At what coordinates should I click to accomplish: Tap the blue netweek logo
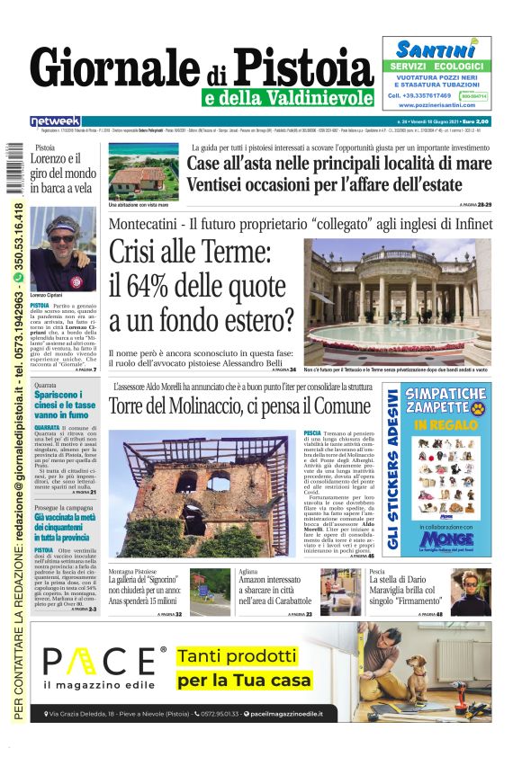(x=55, y=121)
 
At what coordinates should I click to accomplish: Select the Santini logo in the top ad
(x=436, y=49)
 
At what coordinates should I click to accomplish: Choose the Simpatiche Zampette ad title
(x=445, y=401)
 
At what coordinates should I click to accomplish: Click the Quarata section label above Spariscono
(x=44, y=386)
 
